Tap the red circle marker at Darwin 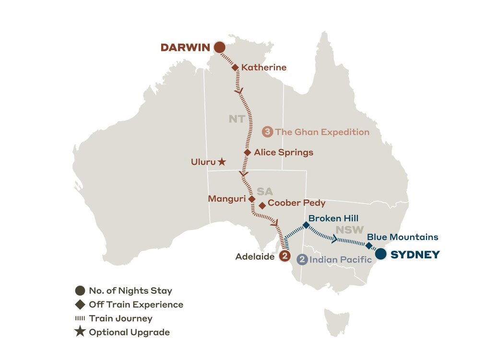coord(219,47)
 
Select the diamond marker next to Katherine coord(236,68)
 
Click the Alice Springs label coord(284,153)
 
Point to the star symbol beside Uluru coord(222,162)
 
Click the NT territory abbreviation coord(237,119)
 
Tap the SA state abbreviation coord(264,192)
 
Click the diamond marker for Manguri coord(251,199)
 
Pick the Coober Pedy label coord(296,203)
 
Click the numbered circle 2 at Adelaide coord(284,256)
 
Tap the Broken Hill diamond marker coord(306,225)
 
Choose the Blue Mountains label coord(402,237)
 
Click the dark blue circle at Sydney coord(380,254)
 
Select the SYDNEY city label coord(415,255)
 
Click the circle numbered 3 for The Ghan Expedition coord(269,132)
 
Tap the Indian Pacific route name coord(341,260)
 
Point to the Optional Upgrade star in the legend coord(80,332)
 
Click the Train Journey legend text coord(120,318)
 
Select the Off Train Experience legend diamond coord(80,304)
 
